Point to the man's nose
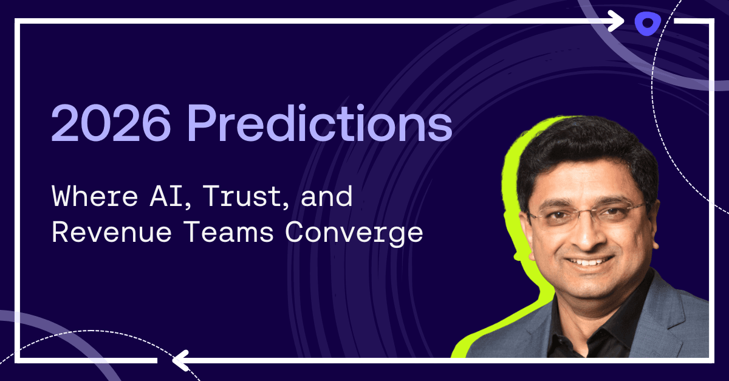coord(588,235)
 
